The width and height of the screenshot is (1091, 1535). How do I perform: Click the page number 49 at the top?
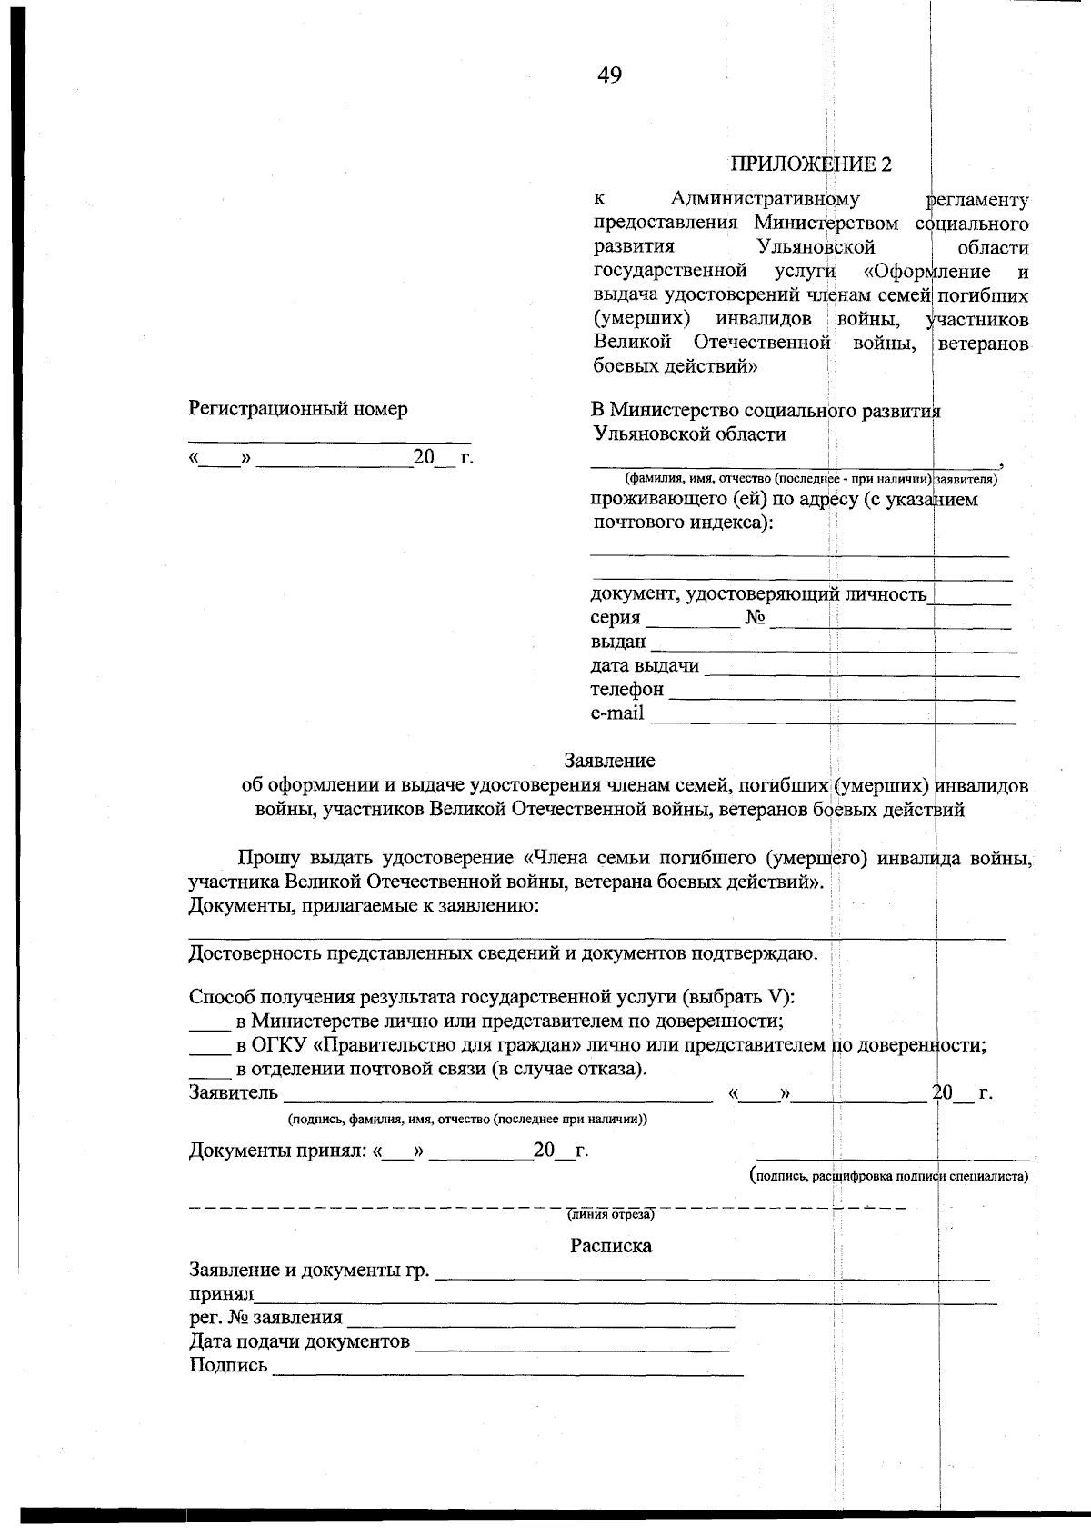(x=609, y=76)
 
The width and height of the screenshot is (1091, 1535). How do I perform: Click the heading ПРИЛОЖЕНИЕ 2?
(x=810, y=164)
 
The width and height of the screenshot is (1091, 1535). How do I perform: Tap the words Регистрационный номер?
(x=298, y=409)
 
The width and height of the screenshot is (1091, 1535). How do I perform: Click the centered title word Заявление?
(x=609, y=761)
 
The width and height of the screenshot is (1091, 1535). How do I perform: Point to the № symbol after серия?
(x=755, y=619)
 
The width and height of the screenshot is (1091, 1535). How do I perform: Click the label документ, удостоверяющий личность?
(x=758, y=595)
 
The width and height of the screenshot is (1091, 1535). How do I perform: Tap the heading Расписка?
(x=610, y=1246)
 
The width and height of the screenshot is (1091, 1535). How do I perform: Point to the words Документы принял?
(x=277, y=1152)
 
